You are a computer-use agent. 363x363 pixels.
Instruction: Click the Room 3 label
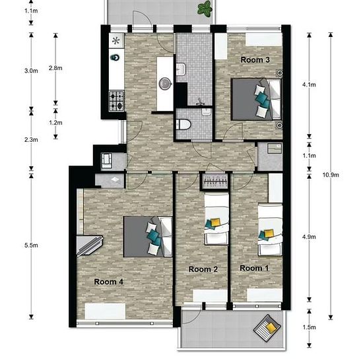[255, 59]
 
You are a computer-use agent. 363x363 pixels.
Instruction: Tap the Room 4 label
[108, 282]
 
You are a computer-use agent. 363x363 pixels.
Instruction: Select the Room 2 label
[203, 269]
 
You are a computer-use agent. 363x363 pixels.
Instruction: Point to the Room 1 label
[254, 268]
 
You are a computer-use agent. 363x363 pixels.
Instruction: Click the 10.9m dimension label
[331, 175]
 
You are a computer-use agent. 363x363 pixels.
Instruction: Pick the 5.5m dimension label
[31, 245]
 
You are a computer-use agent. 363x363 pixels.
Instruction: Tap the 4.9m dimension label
[309, 237]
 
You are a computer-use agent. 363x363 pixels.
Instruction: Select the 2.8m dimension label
[55, 68]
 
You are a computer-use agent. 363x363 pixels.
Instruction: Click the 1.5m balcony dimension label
[310, 327]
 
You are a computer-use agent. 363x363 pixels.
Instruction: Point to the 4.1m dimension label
[309, 84]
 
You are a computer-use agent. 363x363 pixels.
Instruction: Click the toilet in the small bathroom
[183, 125]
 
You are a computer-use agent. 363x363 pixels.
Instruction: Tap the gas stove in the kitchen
[117, 101]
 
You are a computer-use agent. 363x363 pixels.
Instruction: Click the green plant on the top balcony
[205, 9]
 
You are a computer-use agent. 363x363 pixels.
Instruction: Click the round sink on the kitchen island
[165, 83]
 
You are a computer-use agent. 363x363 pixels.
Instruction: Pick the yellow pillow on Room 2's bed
[215, 222]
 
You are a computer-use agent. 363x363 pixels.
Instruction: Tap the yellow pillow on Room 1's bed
[269, 233]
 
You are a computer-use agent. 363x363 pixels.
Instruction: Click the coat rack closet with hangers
[214, 181]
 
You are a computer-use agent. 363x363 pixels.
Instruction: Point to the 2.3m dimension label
[31, 140]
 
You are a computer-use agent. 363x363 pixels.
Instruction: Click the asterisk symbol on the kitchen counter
[115, 41]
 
